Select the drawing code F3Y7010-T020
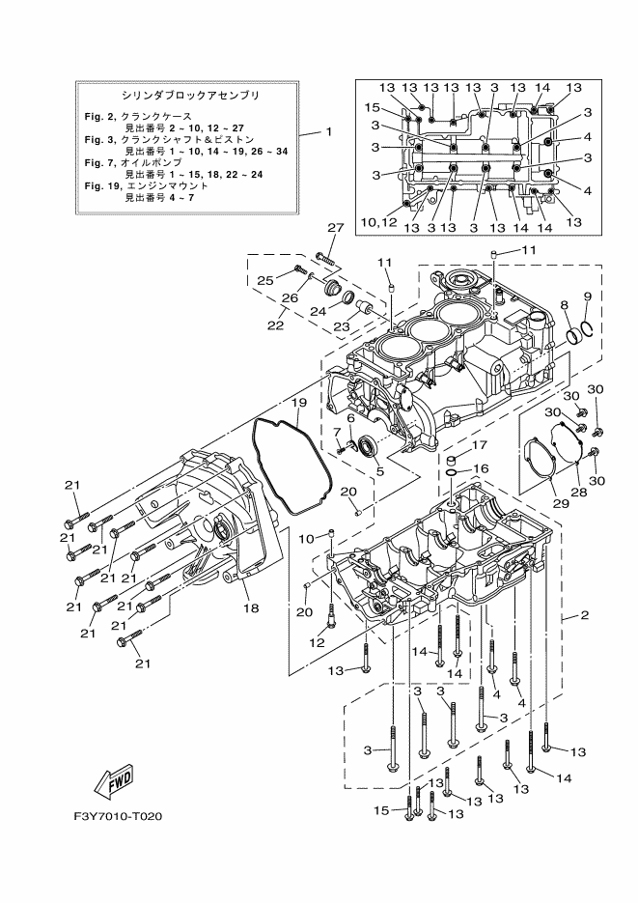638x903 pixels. [x=118, y=816]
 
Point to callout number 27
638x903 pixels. [x=335, y=228]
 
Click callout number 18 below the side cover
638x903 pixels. [x=251, y=607]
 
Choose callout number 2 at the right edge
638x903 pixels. [x=585, y=615]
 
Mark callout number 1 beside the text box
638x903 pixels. [x=329, y=132]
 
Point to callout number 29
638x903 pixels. [x=561, y=503]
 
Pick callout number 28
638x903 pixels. [x=579, y=492]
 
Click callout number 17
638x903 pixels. [x=480, y=444]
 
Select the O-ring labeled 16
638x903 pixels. [x=452, y=473]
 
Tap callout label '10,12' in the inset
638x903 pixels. [x=379, y=222]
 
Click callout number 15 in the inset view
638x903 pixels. [x=373, y=107]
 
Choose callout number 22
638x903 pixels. [x=275, y=325]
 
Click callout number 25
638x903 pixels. [x=265, y=280]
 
